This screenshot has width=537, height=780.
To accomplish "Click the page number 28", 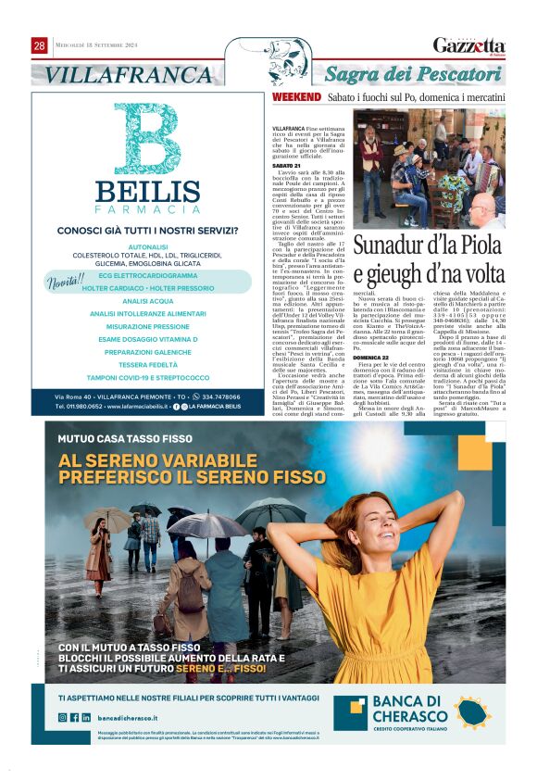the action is [x=39, y=45].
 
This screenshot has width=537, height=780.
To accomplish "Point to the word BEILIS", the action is [x=147, y=192].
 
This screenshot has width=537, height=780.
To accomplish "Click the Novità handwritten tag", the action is [x=68, y=280].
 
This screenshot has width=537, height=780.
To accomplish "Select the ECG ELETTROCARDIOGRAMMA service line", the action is [x=148, y=275].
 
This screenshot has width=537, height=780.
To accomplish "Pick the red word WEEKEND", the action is [x=296, y=96].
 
